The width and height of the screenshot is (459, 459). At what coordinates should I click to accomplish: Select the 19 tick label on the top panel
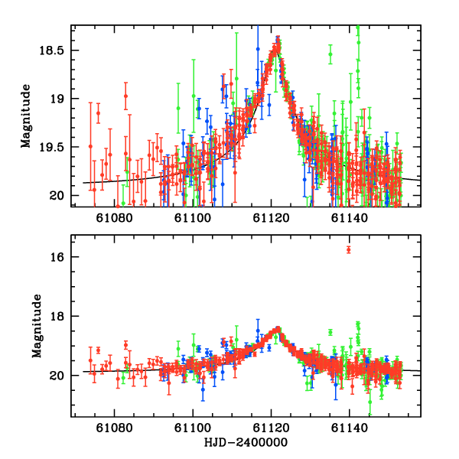tap(60, 99)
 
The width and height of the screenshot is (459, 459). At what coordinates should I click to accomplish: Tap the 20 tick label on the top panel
tap(60, 195)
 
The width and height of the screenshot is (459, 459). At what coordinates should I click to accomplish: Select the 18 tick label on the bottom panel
tap(60, 317)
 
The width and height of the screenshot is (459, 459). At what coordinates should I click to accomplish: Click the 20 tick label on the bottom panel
tap(60, 376)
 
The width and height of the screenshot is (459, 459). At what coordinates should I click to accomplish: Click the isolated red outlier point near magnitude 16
tap(348, 249)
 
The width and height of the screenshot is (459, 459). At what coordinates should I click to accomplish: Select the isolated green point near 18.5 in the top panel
tap(330, 54)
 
